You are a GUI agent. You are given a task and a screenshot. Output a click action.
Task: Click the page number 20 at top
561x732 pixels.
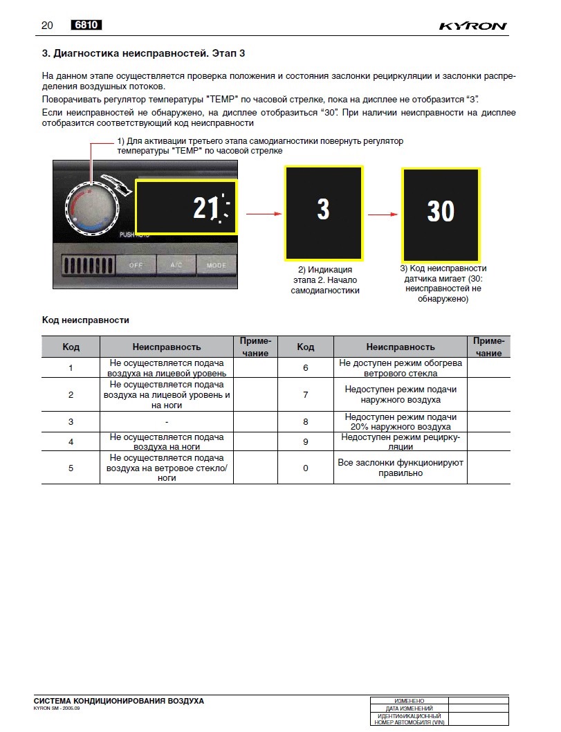point(47,26)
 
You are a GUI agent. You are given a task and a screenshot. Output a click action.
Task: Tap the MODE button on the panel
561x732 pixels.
point(216,265)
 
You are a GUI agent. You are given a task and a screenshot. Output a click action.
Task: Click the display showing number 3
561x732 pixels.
point(323,210)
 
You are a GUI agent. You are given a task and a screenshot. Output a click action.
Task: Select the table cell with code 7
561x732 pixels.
point(306,394)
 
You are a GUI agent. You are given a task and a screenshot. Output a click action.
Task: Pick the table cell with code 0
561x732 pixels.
point(306,468)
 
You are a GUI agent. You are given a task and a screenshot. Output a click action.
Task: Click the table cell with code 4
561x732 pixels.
point(71,441)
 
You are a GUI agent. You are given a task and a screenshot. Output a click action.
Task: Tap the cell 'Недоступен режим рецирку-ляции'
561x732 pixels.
point(401,441)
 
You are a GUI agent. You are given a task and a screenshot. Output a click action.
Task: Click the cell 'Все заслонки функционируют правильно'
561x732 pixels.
point(401,468)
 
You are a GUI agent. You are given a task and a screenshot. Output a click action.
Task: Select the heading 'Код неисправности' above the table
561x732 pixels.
point(86,320)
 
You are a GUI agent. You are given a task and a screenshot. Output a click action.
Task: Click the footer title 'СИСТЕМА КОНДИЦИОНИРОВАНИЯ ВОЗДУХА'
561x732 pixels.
point(118,701)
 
